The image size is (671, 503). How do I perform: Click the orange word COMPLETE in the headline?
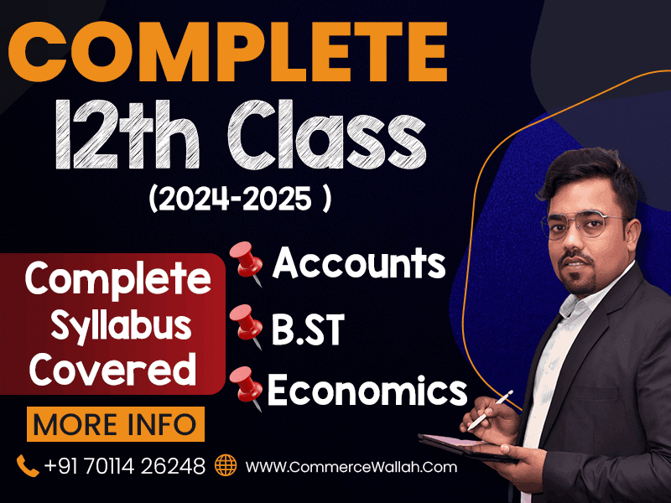point(227,51)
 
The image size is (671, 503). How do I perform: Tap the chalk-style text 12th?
point(127,135)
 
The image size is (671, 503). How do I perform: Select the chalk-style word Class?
point(326,135)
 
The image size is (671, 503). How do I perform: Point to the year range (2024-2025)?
point(240,199)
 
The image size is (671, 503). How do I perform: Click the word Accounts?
point(359,262)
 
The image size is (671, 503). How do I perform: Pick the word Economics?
point(367,390)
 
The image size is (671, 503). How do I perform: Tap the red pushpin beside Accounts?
point(246,262)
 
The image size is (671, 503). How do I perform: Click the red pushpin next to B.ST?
point(246,327)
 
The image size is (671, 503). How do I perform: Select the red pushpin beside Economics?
point(246,388)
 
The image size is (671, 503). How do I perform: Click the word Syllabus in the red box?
point(121,327)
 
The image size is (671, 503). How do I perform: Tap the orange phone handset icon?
point(28,466)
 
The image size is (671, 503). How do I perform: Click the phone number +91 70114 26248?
point(124,466)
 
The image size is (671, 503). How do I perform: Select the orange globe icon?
point(226,465)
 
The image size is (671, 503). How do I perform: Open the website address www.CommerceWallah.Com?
point(351,467)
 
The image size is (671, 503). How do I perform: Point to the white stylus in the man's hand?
point(491,410)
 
